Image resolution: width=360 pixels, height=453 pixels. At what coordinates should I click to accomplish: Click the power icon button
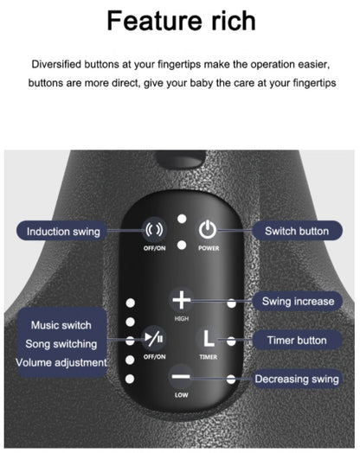click(208, 229)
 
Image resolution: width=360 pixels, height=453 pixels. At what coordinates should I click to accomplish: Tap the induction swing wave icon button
click(154, 230)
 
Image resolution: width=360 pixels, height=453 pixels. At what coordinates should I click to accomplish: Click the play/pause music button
click(154, 338)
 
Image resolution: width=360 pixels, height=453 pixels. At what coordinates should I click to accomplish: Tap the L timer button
click(209, 338)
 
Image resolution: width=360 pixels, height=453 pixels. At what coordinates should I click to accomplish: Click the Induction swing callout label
click(61, 232)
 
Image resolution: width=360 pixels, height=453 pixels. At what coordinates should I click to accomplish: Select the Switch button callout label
click(297, 231)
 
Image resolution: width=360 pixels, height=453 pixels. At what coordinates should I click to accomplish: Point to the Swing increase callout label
click(298, 302)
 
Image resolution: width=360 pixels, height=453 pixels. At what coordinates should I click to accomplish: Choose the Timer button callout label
click(297, 340)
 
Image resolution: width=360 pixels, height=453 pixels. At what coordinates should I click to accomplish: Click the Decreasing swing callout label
click(297, 379)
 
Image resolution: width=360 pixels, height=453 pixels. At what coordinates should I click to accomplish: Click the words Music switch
click(61, 325)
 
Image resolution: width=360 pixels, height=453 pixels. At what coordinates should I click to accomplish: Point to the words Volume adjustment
click(61, 362)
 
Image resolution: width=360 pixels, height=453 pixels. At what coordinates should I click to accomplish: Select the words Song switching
click(61, 344)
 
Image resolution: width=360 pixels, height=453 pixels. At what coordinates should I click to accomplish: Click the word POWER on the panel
click(209, 248)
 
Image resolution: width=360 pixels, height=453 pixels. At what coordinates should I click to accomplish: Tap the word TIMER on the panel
click(209, 357)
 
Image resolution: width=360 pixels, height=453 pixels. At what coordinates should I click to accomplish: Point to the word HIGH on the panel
click(182, 319)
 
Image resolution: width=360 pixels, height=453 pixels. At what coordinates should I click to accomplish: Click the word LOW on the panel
click(182, 395)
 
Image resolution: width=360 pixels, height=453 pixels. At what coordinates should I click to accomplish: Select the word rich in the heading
click(234, 21)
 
